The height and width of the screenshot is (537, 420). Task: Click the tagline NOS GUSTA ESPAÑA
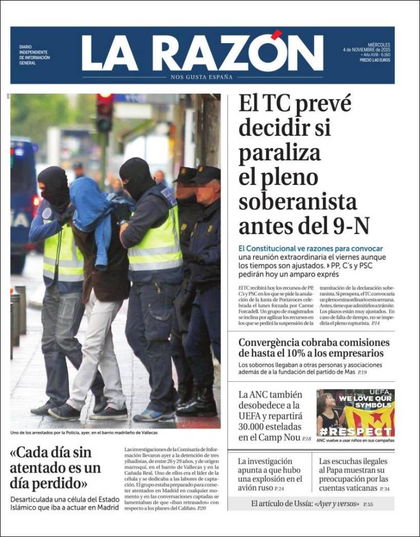point(202,77)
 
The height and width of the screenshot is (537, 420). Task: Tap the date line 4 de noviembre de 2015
point(367,49)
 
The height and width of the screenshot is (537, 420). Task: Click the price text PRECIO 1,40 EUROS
point(375,59)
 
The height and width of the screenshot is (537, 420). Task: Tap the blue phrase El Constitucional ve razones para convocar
point(310,248)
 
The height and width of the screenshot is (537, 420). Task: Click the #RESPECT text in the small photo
point(356,432)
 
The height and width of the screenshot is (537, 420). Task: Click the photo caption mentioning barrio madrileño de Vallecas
point(84,433)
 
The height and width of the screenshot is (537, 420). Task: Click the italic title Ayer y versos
point(336,504)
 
